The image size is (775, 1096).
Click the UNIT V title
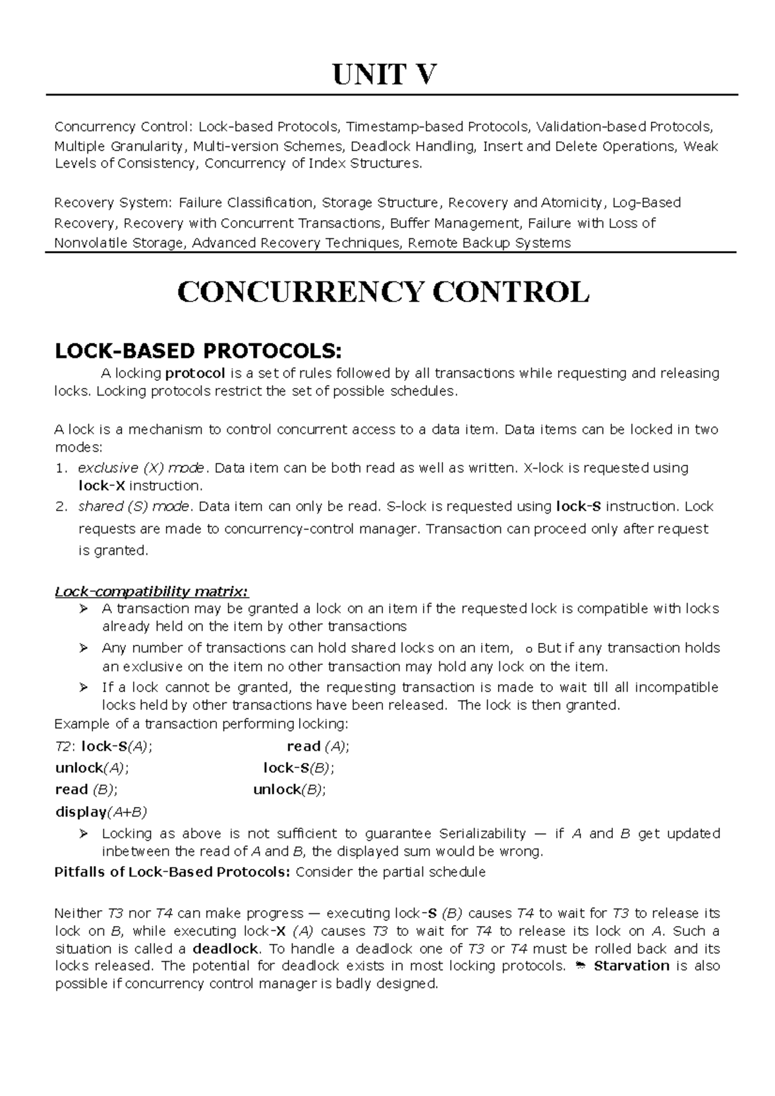click(x=384, y=76)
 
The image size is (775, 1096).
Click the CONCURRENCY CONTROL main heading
click(x=384, y=293)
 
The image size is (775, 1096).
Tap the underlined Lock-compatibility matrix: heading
click(x=151, y=591)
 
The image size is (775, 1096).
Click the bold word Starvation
click(x=632, y=966)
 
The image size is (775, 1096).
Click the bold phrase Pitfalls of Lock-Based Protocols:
click(x=173, y=873)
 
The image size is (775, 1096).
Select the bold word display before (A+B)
click(x=81, y=811)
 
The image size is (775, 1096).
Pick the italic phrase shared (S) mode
click(x=134, y=507)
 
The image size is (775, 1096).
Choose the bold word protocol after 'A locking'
click(x=195, y=373)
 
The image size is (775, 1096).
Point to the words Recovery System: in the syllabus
click(x=113, y=203)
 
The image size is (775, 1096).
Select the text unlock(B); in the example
click(x=289, y=789)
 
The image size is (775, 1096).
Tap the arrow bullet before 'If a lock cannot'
click(x=83, y=687)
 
